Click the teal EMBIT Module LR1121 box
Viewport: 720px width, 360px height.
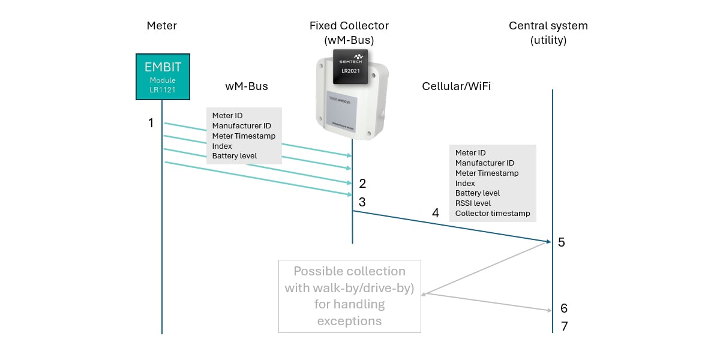click(x=162, y=77)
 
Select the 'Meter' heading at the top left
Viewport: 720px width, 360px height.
click(x=162, y=26)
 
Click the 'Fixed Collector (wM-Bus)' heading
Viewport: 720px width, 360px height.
click(x=349, y=33)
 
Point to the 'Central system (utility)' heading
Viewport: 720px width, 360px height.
click(x=548, y=33)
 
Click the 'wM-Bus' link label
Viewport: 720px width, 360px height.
click(x=246, y=86)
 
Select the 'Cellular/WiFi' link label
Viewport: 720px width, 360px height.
click(x=456, y=86)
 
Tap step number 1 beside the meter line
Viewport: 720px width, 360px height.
click(x=151, y=123)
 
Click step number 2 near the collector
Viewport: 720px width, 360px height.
click(x=362, y=183)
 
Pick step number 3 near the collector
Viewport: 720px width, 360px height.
click(x=362, y=202)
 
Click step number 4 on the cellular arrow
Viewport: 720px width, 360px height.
click(x=436, y=213)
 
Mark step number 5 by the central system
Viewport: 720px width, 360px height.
click(x=562, y=242)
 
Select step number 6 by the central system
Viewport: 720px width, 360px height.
click(x=564, y=308)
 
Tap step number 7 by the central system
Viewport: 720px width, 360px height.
click(x=564, y=327)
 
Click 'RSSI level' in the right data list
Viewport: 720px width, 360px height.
click(x=473, y=203)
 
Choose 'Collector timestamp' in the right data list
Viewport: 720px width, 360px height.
click(x=492, y=214)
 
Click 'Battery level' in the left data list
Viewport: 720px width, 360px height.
click(x=234, y=156)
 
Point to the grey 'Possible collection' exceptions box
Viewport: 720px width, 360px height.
click(x=349, y=296)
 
